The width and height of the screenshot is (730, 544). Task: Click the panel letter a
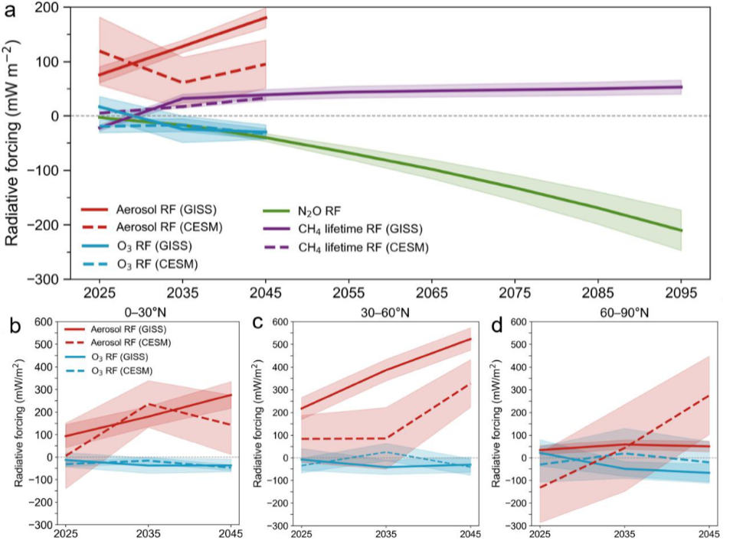pyautogui.click(x=10, y=10)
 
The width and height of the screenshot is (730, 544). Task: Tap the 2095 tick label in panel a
pyautogui.click(x=681, y=293)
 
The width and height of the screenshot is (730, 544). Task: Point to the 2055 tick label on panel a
pyautogui.click(x=349, y=293)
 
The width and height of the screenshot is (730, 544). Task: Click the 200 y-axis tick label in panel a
pyautogui.click(x=48, y=8)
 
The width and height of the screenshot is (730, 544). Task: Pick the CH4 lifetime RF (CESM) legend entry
pyautogui.click(x=346, y=247)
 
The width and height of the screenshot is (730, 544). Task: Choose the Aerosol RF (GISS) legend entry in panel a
pyautogui.click(x=149, y=210)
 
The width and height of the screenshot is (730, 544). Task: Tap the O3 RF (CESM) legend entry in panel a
pyautogui.click(x=139, y=264)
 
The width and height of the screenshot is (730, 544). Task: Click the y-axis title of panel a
pyautogui.click(x=12, y=143)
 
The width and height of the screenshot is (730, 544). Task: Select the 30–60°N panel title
pyautogui.click(x=385, y=312)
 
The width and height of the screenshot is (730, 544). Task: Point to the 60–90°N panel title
pyautogui.click(x=624, y=312)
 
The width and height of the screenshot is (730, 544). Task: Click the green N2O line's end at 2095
pyautogui.click(x=681, y=230)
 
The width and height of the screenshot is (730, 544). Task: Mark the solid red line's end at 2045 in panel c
pyautogui.click(x=470, y=339)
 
